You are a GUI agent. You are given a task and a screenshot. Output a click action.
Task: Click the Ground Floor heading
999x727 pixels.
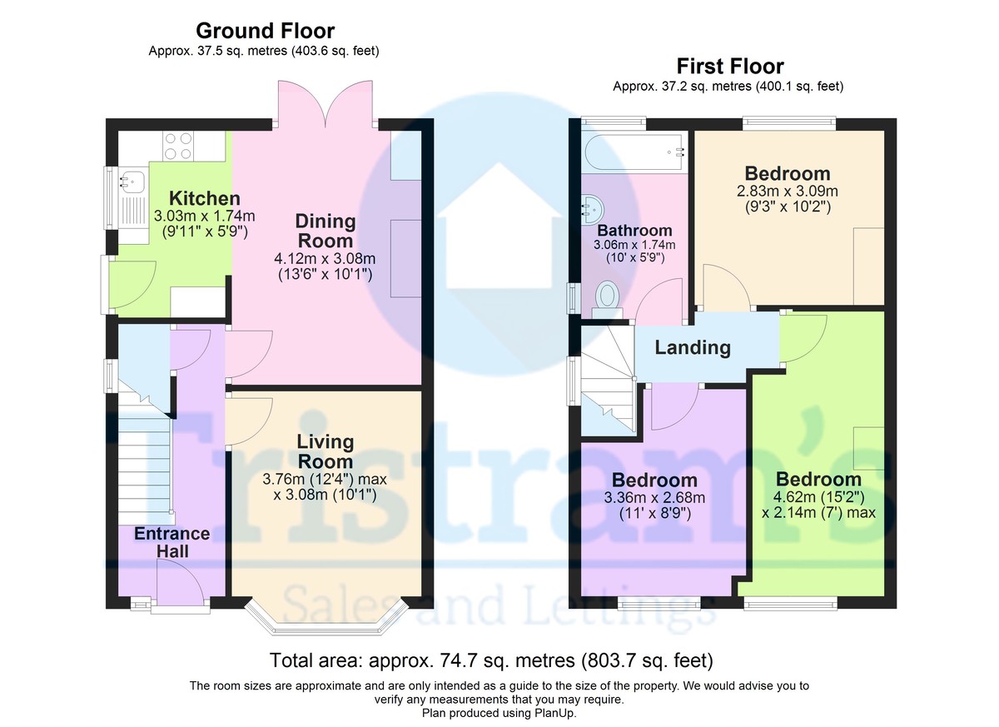click(x=265, y=31)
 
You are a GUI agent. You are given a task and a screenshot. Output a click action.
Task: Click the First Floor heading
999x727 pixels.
click(x=730, y=67)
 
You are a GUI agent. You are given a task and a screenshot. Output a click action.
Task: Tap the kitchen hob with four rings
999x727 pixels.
click(x=178, y=147)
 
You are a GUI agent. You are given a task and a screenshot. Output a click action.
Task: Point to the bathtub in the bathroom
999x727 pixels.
click(x=634, y=152)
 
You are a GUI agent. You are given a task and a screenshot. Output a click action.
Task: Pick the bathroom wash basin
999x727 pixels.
click(x=594, y=211)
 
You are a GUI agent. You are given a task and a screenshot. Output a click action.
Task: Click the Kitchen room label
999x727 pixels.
click(x=205, y=198)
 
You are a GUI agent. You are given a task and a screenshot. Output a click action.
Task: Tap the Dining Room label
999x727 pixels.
click(x=326, y=231)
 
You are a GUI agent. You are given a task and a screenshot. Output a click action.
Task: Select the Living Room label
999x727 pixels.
click(x=326, y=451)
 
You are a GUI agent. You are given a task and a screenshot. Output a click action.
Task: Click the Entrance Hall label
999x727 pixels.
click(x=172, y=542)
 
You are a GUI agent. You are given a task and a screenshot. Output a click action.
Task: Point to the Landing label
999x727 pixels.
click(x=693, y=348)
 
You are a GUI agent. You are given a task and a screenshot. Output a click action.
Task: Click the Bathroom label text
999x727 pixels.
click(x=634, y=231)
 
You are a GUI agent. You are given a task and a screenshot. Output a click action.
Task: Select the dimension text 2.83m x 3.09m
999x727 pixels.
click(x=788, y=192)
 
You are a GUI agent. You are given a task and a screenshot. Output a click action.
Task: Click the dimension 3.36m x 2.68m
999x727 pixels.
click(x=654, y=497)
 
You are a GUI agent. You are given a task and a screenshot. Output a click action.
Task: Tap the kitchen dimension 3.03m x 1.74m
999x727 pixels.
click(x=204, y=216)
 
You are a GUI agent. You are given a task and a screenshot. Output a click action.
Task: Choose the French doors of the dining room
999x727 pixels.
click(x=326, y=103)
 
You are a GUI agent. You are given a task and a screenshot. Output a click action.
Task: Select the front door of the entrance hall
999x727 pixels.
click(x=180, y=585)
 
